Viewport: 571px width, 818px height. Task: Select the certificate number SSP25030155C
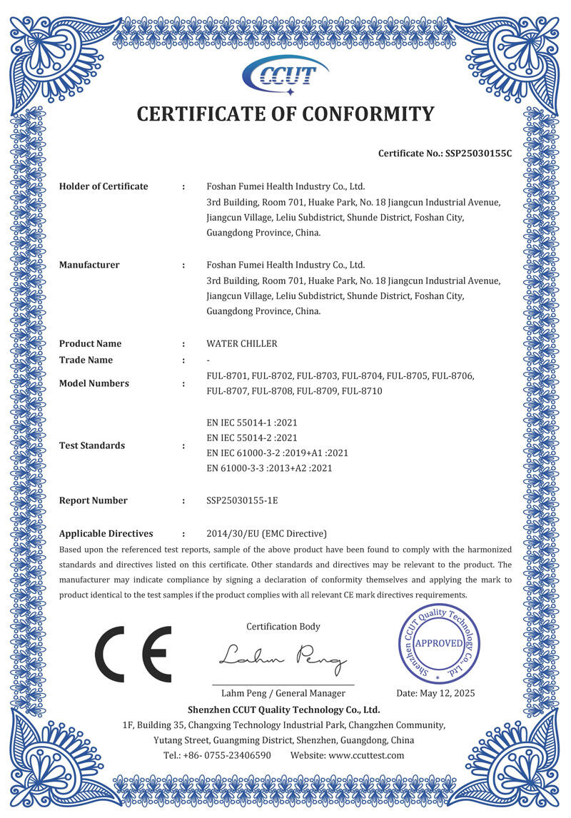click(x=478, y=153)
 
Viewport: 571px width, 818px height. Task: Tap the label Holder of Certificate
click(x=103, y=186)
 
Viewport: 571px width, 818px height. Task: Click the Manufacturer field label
click(x=89, y=265)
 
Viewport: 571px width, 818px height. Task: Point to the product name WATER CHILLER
click(x=241, y=343)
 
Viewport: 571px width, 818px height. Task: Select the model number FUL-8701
click(x=226, y=375)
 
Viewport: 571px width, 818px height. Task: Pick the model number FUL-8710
click(x=362, y=391)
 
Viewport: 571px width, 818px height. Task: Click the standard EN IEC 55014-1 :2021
click(x=251, y=423)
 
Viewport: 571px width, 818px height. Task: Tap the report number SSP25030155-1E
click(x=242, y=500)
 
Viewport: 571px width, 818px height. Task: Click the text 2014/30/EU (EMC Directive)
click(x=266, y=533)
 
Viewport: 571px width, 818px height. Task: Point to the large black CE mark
click(x=133, y=653)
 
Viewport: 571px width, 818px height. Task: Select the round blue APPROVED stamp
click(x=439, y=643)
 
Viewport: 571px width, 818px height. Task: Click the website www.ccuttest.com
click(x=367, y=755)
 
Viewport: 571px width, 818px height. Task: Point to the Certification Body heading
click(x=283, y=627)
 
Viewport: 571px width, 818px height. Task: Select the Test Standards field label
click(x=92, y=445)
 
